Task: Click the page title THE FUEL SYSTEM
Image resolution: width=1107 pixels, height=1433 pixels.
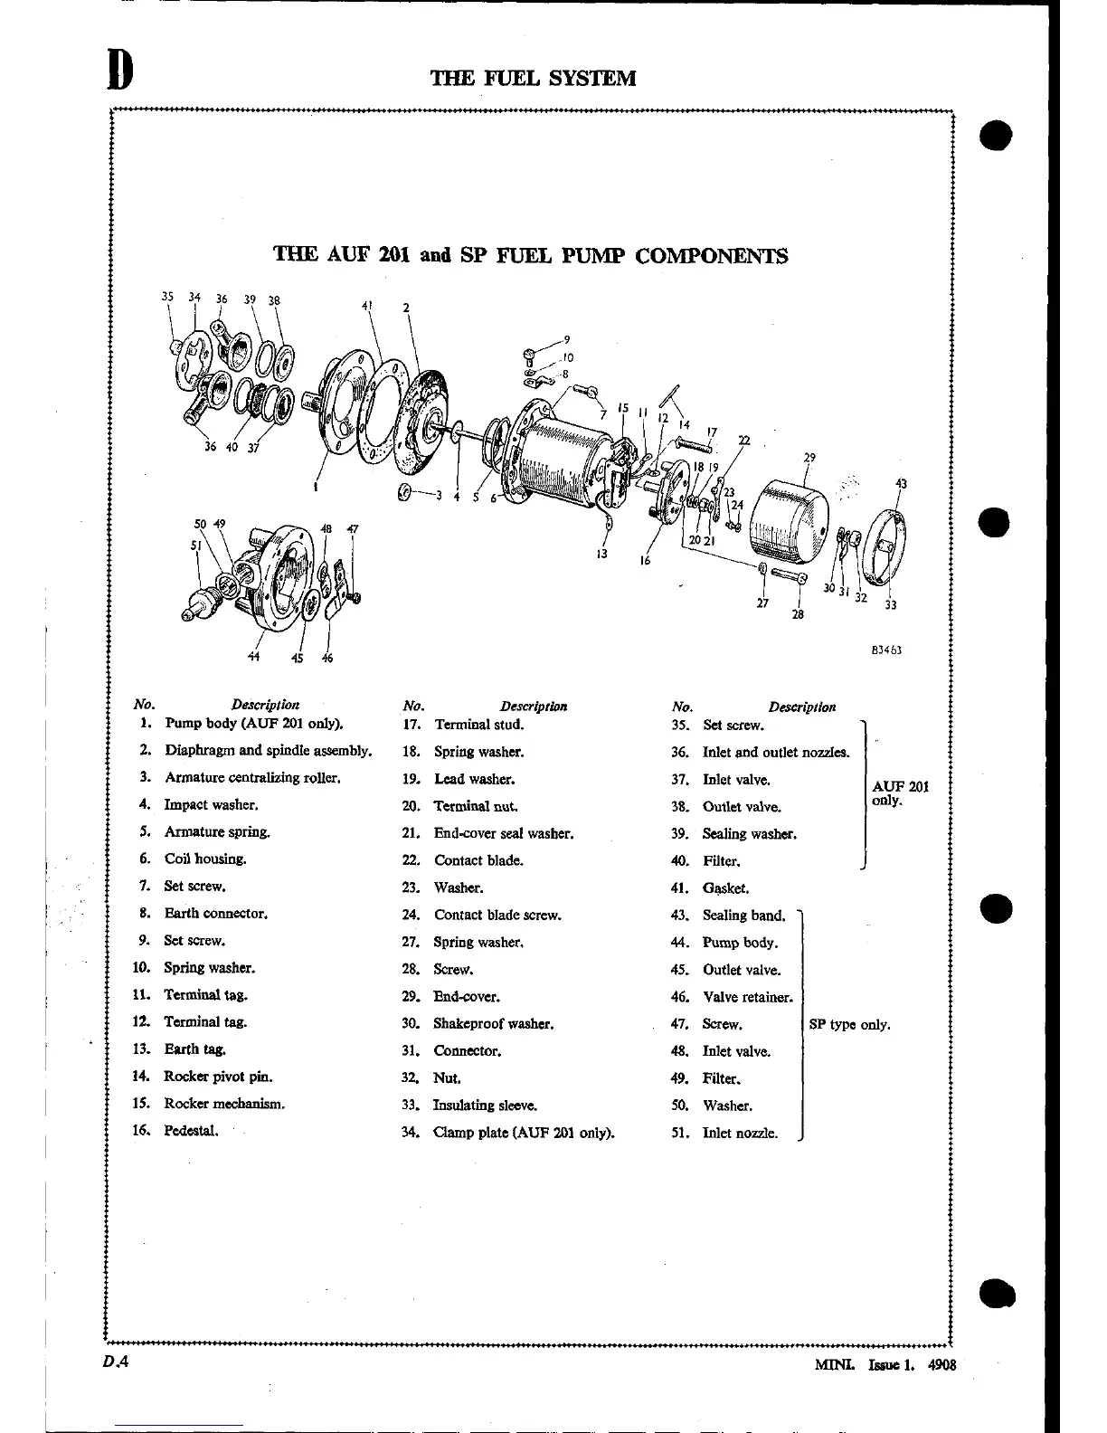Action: point(533,79)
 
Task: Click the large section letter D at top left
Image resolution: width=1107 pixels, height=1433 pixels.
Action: point(118,70)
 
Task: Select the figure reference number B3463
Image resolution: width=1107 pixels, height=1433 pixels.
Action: point(886,650)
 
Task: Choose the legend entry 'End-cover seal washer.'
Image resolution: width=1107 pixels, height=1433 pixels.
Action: point(504,833)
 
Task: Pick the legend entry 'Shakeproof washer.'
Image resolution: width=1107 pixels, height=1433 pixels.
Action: point(493,1024)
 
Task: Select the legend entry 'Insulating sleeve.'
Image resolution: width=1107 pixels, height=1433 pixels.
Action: point(485,1106)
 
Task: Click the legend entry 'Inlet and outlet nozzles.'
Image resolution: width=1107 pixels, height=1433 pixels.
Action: point(776,753)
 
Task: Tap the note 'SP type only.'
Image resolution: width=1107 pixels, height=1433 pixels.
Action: point(849,1025)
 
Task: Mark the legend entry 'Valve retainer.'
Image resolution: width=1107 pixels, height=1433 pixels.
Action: point(748,998)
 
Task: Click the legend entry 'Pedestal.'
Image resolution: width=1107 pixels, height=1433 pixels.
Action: point(191,1131)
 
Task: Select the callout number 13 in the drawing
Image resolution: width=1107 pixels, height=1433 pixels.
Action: point(601,554)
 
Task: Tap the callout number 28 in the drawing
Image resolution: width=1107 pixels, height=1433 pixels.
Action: point(797,615)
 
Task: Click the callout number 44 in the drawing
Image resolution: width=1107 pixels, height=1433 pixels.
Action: point(254,658)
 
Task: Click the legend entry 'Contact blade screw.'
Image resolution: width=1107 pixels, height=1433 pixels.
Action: point(497,916)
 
